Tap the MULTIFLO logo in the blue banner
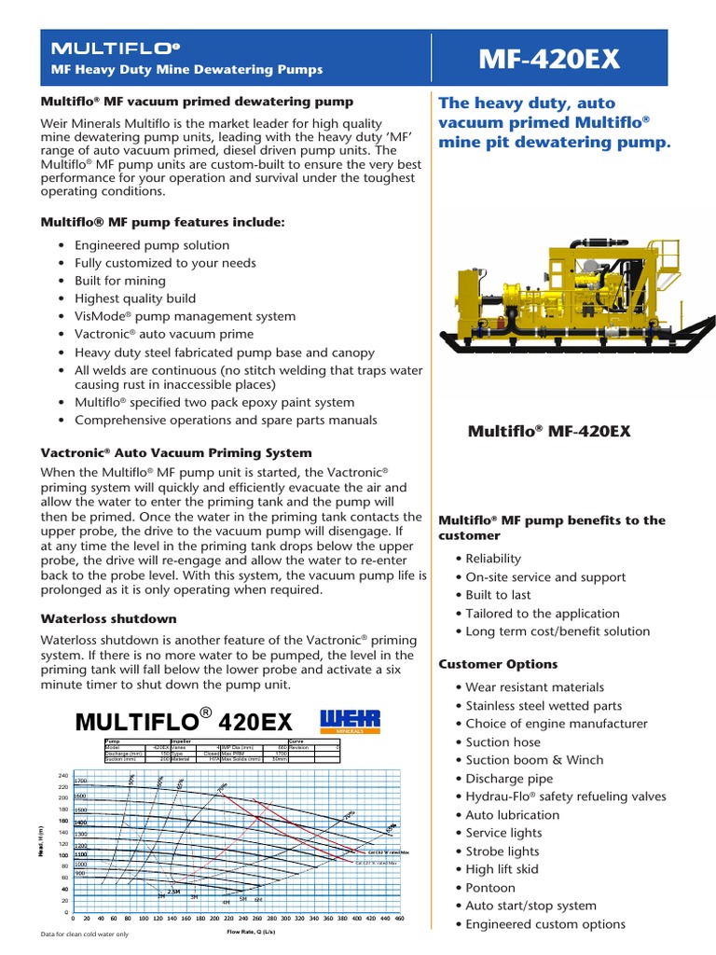[116, 47]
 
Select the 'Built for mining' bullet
[120, 281]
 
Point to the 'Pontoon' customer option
[491, 887]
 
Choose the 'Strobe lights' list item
[503, 851]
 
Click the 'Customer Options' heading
[498, 664]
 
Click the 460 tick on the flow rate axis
[399, 919]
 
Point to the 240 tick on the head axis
[63, 776]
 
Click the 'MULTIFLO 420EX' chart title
[184, 721]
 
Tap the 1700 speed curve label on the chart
[80, 782]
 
